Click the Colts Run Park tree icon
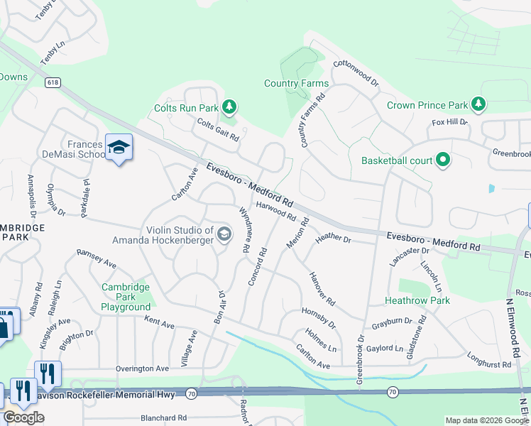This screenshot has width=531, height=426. point(229,108)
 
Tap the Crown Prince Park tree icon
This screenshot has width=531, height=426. point(478,105)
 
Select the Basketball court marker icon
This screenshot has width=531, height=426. point(444,160)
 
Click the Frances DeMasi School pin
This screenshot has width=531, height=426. point(119,148)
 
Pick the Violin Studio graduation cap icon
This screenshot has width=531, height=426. point(224,234)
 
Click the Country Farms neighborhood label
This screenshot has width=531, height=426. point(296,83)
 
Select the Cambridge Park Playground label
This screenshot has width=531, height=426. point(125,297)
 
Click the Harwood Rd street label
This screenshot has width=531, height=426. point(276,209)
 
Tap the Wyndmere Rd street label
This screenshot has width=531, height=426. point(245,230)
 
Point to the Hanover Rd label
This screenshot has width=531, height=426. point(322,289)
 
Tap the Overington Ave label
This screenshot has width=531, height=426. point(143,368)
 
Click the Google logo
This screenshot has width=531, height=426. point(23,417)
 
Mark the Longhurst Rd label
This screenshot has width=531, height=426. point(489,360)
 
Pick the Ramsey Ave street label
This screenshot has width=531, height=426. point(96,258)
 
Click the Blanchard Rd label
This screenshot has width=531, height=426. point(163,418)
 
